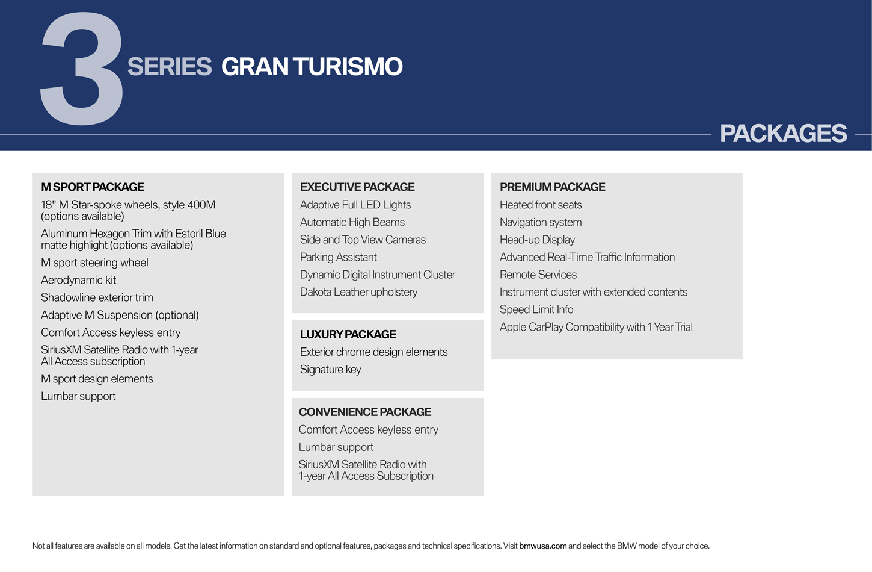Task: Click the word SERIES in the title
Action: pyautogui.click(x=170, y=66)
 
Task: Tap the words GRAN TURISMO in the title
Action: pyautogui.click(x=312, y=66)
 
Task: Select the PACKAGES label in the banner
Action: pyautogui.click(x=783, y=133)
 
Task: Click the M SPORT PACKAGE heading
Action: pyautogui.click(x=93, y=187)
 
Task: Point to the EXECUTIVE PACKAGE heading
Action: pyautogui.click(x=357, y=187)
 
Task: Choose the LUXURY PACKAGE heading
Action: pyautogui.click(x=348, y=334)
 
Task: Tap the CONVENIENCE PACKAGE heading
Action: pyautogui.click(x=365, y=412)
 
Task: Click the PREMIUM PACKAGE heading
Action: pyautogui.click(x=553, y=187)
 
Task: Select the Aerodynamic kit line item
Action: pyautogui.click(x=79, y=280)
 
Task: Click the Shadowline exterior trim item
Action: pyautogui.click(x=97, y=297)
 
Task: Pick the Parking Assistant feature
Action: pyautogui.click(x=339, y=257)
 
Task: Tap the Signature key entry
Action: pyautogui.click(x=331, y=369)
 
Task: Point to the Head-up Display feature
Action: pyautogui.click(x=537, y=240)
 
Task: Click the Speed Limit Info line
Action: pyautogui.click(x=536, y=309)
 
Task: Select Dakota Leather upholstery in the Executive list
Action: pyautogui.click(x=358, y=292)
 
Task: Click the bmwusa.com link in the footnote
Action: pyautogui.click(x=542, y=546)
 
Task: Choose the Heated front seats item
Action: pyautogui.click(x=541, y=205)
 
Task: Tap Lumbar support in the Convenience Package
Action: pyautogui.click(x=336, y=447)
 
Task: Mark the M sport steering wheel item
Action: pyautogui.click(x=94, y=263)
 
